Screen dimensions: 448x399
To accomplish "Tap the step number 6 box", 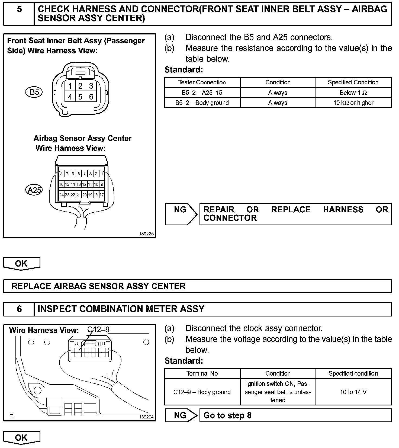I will pos(19,309).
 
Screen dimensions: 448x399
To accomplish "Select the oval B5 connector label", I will pos(34,92).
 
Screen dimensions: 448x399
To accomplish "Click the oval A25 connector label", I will pos(34,190).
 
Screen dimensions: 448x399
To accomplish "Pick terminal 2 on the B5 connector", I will pos(80,86).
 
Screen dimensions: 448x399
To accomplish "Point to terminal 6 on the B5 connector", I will pos(91,97).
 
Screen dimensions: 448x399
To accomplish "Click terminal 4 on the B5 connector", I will pos(70,97).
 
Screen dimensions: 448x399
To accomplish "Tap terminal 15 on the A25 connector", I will pos(67,184).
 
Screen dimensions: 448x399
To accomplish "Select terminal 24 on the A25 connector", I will pos(61,195).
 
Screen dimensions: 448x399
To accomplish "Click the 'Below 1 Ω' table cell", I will pos(353,93).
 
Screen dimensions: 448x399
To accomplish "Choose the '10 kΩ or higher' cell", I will pos(353,103).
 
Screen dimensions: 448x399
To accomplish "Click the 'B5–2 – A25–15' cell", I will pos(202,93).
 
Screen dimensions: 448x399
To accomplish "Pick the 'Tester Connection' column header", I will pos(202,82).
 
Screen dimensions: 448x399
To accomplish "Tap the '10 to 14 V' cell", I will pos(353,392).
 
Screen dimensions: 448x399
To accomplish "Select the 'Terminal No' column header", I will pos(202,373).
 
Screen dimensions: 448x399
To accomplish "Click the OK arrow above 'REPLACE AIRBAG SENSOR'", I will pos(21,263).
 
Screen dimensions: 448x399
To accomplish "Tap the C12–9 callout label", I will pos(98,330).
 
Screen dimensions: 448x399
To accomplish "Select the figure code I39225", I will pos(147,234).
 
